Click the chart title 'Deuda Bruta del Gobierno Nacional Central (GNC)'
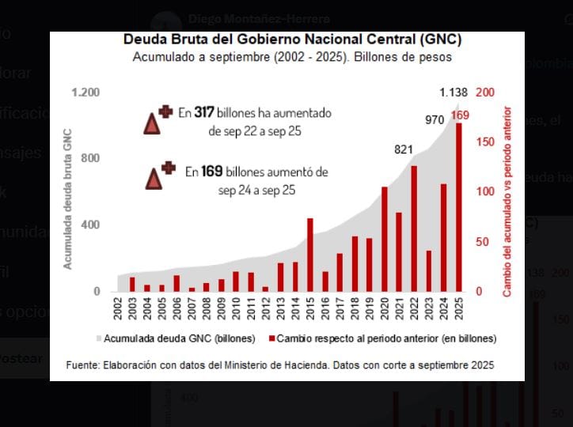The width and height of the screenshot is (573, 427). click(x=292, y=40)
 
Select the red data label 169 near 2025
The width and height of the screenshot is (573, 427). click(x=460, y=115)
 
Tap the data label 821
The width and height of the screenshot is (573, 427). click(x=404, y=150)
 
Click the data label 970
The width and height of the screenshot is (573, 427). click(x=434, y=120)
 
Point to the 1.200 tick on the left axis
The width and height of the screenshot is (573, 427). click(x=85, y=93)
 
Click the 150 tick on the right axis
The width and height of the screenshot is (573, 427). click(x=484, y=142)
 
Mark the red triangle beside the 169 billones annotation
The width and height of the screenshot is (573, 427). click(x=154, y=179)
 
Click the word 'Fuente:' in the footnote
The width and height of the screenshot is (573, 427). click(x=84, y=365)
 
